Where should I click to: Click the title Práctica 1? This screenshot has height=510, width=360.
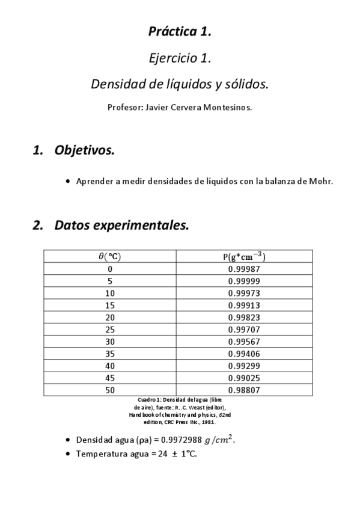180,32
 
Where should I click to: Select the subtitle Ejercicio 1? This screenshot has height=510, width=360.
180,58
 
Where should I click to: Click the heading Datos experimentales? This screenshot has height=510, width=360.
121,226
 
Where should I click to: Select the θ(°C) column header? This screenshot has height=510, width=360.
109,256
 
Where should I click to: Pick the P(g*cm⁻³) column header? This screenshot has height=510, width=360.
244,256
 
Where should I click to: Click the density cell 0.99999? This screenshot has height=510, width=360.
244,281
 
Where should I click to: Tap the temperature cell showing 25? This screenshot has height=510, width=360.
109,330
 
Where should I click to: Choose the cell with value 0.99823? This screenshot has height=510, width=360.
244,318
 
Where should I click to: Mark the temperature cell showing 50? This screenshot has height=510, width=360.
109,390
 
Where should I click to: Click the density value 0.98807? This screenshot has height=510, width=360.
244,390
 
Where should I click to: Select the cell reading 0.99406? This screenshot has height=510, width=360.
244,354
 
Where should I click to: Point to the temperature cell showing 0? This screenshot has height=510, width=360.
109,269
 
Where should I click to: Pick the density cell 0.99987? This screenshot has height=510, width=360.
244,269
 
